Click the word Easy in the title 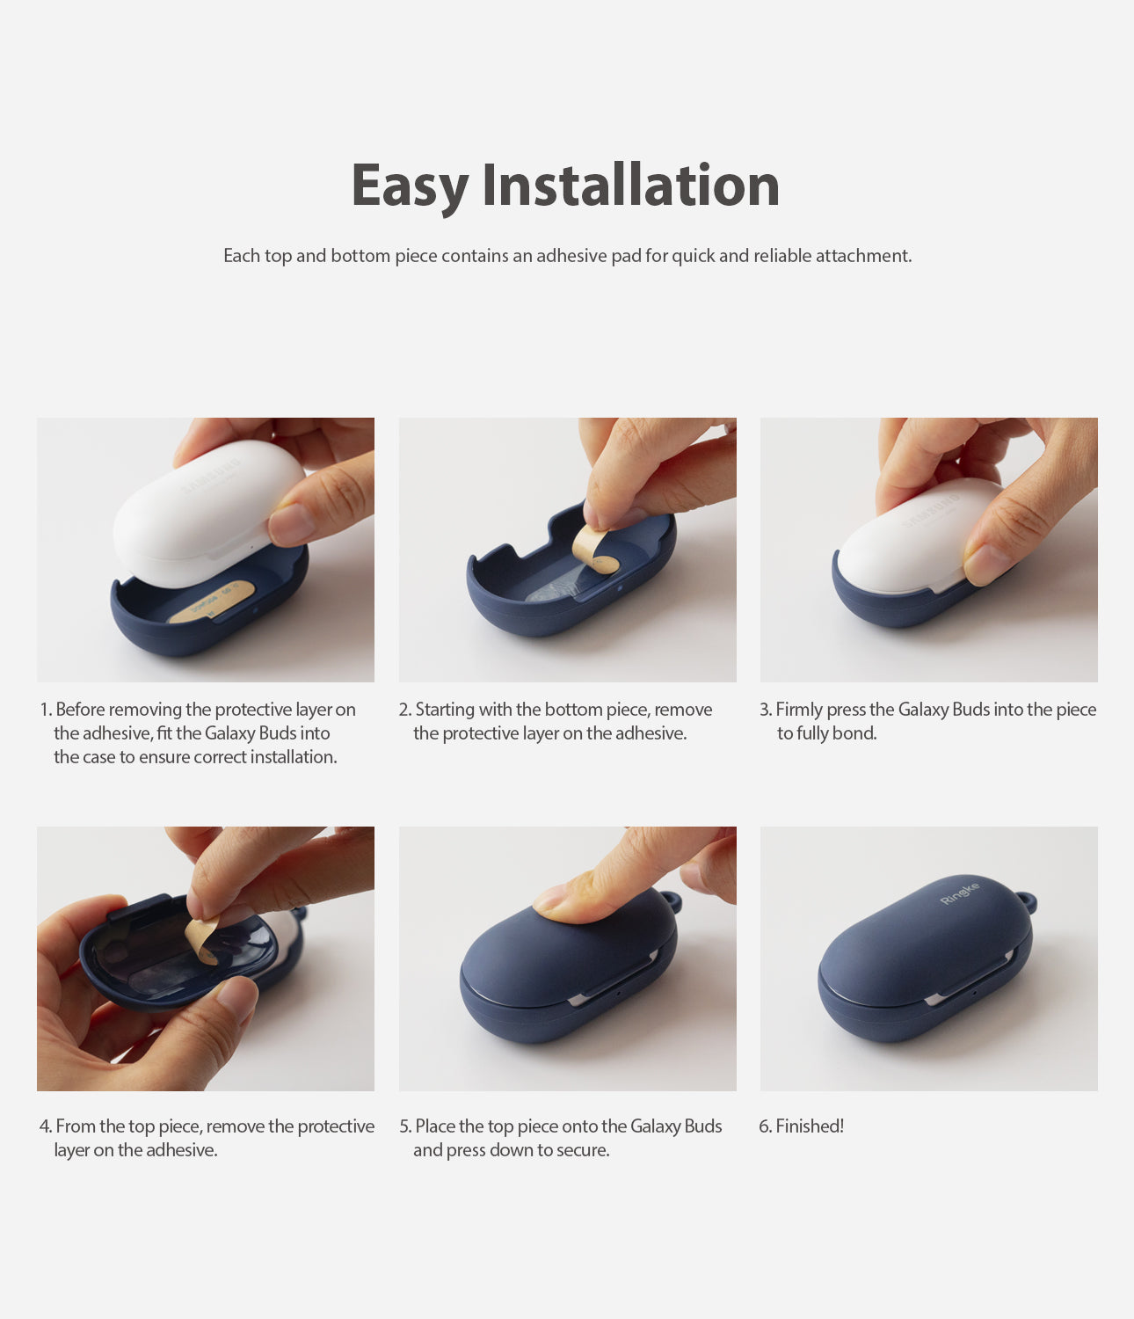(x=410, y=186)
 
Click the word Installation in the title (x=630, y=186)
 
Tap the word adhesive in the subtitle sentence (x=573, y=256)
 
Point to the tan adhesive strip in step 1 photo (x=212, y=602)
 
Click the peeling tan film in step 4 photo (x=202, y=937)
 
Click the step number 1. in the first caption (x=46, y=710)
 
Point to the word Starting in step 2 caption (x=444, y=710)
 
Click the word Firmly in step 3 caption (x=798, y=710)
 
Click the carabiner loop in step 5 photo (x=672, y=901)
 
